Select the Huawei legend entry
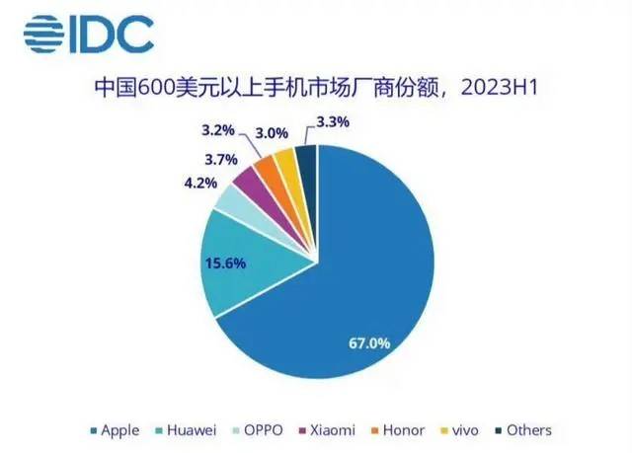click(187, 430)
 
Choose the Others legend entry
click(523, 430)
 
